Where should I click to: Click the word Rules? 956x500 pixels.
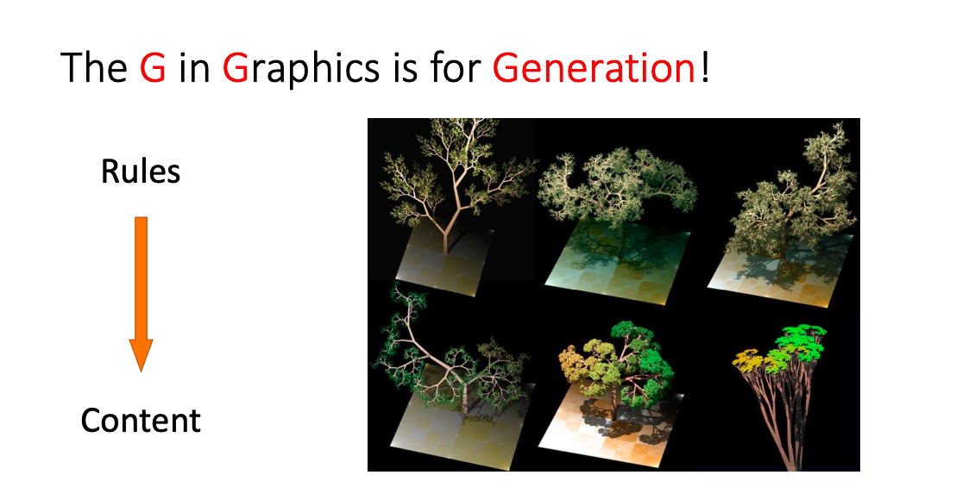click(x=141, y=172)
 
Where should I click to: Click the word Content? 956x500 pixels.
click(x=141, y=420)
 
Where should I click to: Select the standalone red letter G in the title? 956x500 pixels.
click(x=153, y=67)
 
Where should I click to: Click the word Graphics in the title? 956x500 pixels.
click(x=301, y=69)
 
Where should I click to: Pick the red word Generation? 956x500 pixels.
click(x=594, y=67)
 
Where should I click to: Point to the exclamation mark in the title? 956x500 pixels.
click(x=705, y=67)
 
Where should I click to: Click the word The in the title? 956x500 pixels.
click(x=95, y=67)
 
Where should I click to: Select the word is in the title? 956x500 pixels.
click(x=405, y=67)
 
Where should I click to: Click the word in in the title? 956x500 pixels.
click(x=194, y=67)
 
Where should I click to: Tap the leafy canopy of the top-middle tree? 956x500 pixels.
click(x=617, y=183)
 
